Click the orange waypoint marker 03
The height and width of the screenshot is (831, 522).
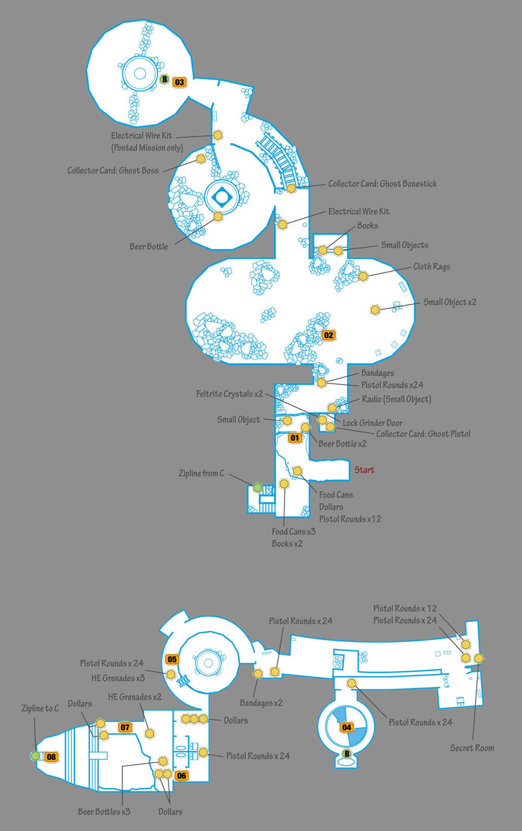coord(179,82)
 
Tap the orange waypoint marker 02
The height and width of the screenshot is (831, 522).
coord(328,335)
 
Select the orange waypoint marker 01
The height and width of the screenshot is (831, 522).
coord(294,438)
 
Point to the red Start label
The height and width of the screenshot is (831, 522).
coord(364,470)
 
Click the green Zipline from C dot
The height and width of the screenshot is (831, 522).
coord(258,487)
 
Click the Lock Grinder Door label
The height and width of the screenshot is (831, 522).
coord(373,423)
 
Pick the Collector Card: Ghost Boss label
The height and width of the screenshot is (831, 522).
coord(113,170)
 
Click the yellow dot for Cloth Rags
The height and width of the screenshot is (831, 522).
coord(363,276)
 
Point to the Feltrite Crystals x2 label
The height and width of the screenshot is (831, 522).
coord(230,393)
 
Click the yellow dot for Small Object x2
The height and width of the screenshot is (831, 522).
coord(375,309)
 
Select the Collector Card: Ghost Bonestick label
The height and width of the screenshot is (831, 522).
coord(382,184)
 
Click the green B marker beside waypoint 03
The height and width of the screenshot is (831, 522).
coord(164,79)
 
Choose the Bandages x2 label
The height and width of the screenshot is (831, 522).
coord(261,703)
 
